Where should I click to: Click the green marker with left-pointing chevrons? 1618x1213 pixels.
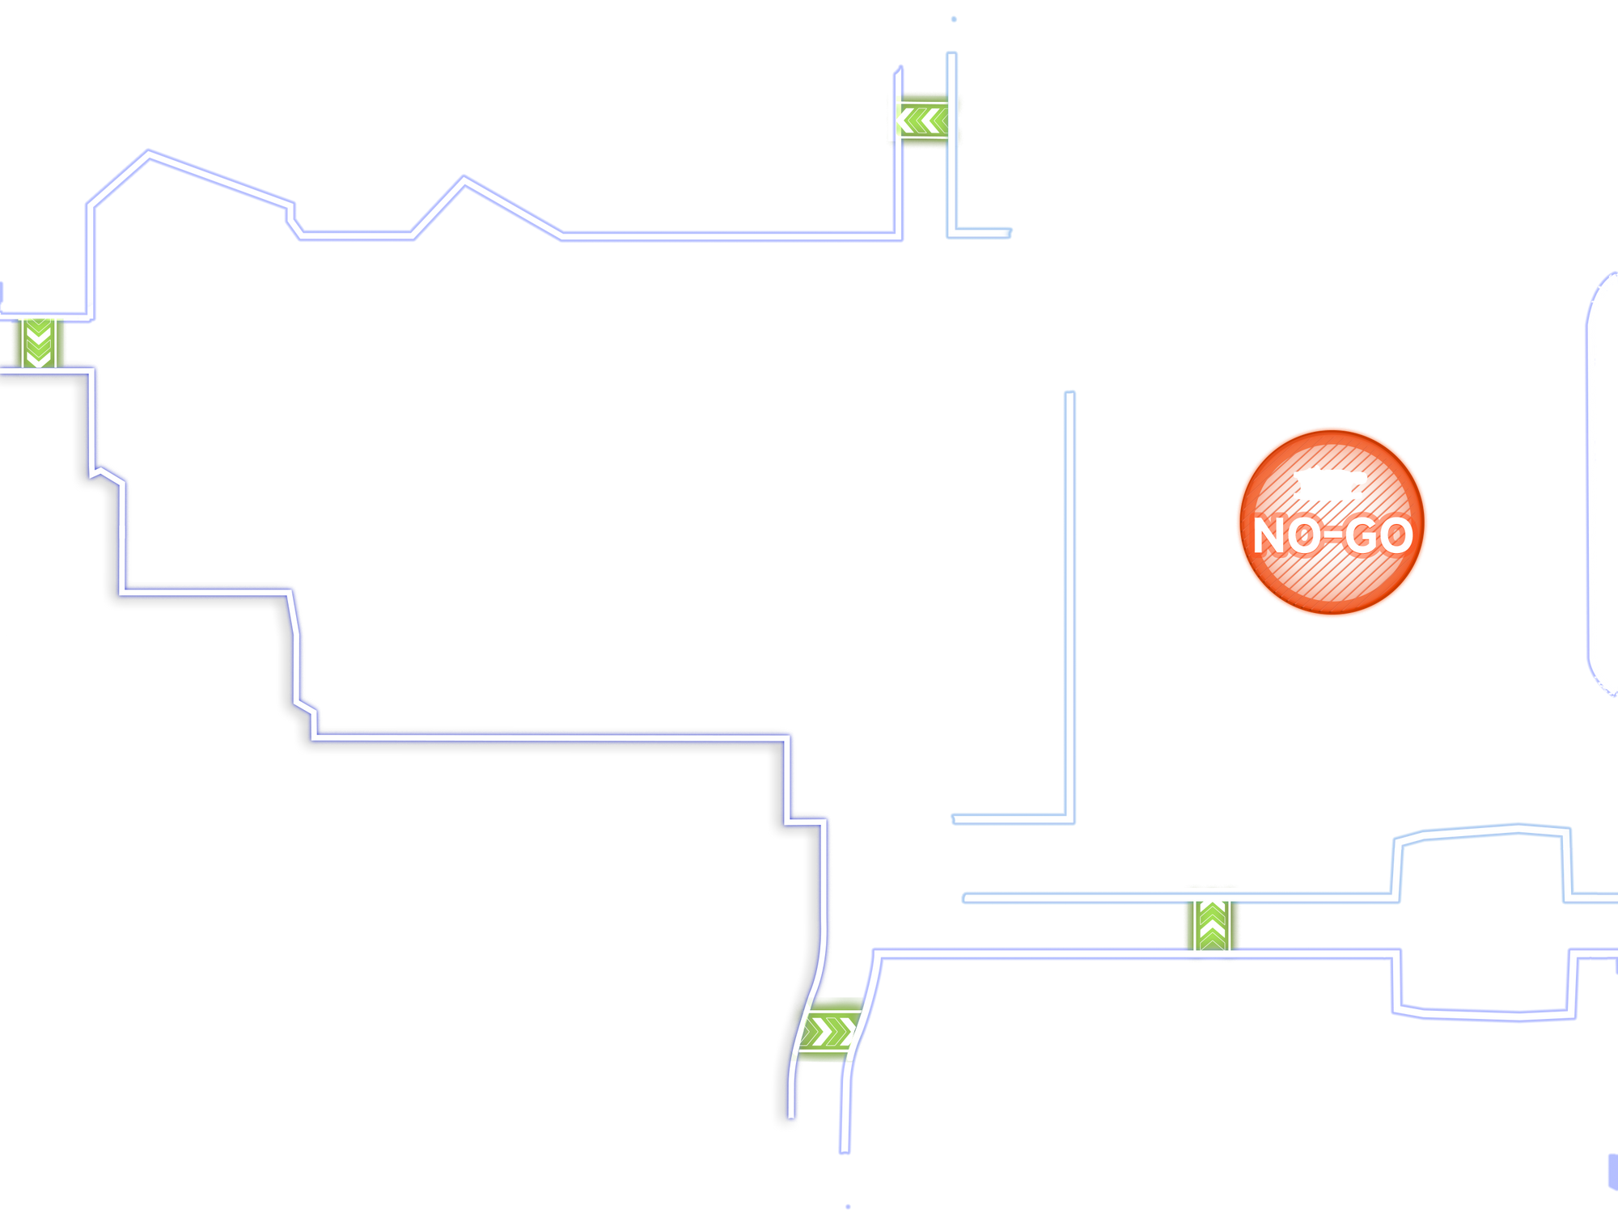coord(923,120)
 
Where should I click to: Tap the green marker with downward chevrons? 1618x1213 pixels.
coord(38,343)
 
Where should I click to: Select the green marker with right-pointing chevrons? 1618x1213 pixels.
coord(828,1031)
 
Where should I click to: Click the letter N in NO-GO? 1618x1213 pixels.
coord(1273,535)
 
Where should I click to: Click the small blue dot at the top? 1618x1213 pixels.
coord(954,19)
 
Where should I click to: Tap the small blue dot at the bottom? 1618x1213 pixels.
coord(848,1206)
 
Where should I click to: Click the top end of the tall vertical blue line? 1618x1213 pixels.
coord(1069,394)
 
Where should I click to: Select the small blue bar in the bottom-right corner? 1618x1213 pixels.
coord(1611,1171)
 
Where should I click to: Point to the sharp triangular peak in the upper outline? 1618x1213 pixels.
coord(464,178)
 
